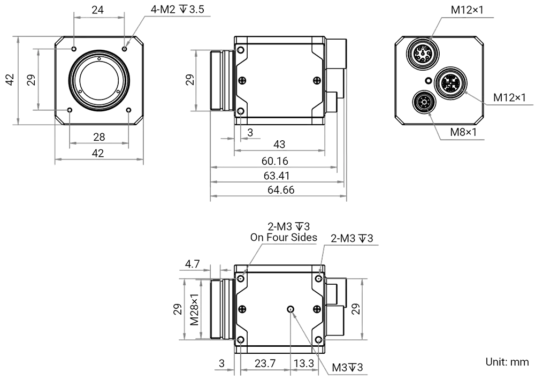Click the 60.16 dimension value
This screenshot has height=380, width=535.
(x=275, y=161)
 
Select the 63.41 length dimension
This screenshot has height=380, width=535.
(x=275, y=176)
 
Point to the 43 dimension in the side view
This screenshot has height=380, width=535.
(x=279, y=145)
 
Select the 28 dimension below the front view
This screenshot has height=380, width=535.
(x=99, y=138)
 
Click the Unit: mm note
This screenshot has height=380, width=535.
(x=506, y=362)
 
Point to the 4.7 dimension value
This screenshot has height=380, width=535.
(x=193, y=263)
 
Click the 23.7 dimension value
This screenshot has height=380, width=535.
(x=265, y=364)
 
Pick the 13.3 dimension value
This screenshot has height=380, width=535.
(x=304, y=364)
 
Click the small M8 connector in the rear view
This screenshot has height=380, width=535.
(x=423, y=101)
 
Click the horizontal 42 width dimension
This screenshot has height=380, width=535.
(x=98, y=153)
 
